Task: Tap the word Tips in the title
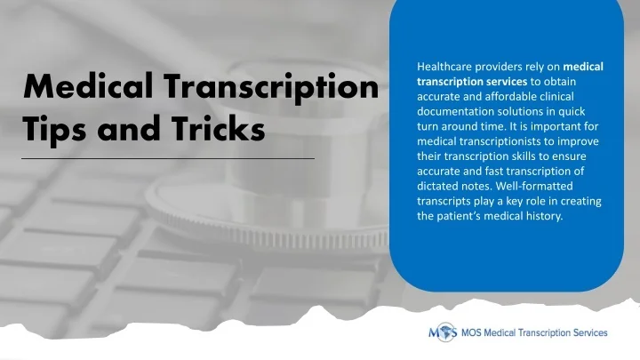[x=52, y=130]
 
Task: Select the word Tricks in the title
[x=213, y=130]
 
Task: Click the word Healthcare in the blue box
[x=443, y=67]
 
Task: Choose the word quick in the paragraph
[x=584, y=111]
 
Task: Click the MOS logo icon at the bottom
[x=443, y=333]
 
